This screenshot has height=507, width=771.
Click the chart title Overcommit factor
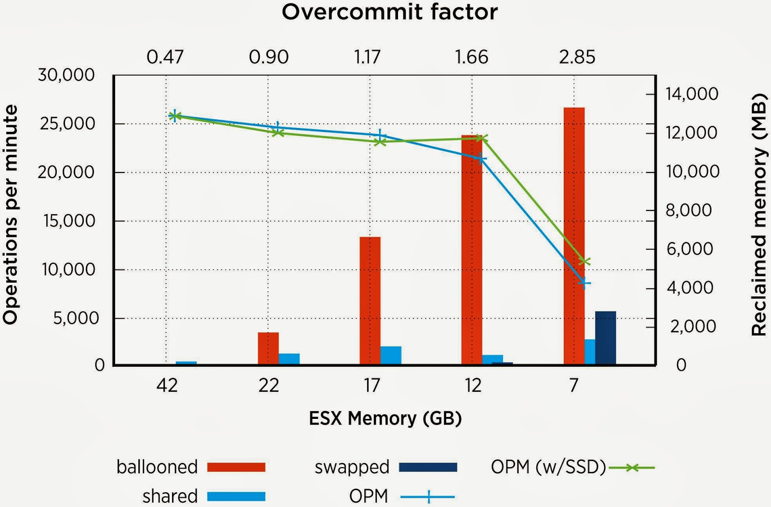tap(389, 12)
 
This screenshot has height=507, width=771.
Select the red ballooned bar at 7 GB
tap(574, 236)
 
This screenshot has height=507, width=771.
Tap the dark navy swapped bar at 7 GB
tap(605, 338)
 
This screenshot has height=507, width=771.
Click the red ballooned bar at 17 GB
tap(370, 300)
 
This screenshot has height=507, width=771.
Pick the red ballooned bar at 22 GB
tap(268, 348)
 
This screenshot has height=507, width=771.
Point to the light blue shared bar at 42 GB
tap(186, 363)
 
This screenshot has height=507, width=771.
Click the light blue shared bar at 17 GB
tap(391, 355)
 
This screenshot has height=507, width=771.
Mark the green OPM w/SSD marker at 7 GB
tap(585, 261)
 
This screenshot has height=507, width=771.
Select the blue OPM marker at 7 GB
tap(584, 283)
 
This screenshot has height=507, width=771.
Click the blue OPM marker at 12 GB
tap(481, 159)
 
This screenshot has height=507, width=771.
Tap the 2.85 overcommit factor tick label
tap(577, 57)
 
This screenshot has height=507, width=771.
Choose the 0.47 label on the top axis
tap(165, 57)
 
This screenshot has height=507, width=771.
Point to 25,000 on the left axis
tap(67, 124)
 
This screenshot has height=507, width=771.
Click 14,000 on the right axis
tap(692, 94)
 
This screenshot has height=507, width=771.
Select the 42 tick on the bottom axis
tap(167, 385)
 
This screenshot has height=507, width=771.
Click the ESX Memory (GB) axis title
tap(385, 418)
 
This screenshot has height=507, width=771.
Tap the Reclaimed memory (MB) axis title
tap(758, 214)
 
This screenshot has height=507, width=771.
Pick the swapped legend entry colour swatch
tap(428, 467)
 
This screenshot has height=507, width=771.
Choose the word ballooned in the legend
tap(157, 467)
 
